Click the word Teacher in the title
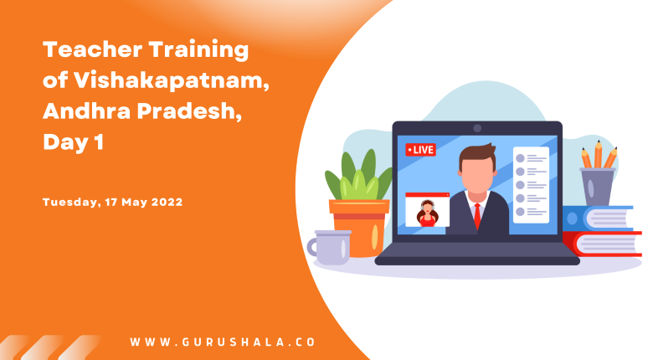[92, 49]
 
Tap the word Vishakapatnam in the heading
[171, 80]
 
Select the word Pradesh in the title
[189, 111]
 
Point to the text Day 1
[74, 142]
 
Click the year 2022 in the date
[167, 202]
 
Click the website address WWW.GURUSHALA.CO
[223, 342]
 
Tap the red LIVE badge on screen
[420, 150]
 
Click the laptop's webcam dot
[477, 128]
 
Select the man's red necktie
[477, 215]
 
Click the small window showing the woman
[427, 209]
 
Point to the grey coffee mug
[329, 248]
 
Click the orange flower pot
[359, 227]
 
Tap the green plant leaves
[358, 175]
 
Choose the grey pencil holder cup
[597, 187]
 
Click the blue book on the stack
[598, 218]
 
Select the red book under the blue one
[602, 244]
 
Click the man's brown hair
[478, 155]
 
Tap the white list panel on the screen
[531, 185]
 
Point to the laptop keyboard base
[477, 254]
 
